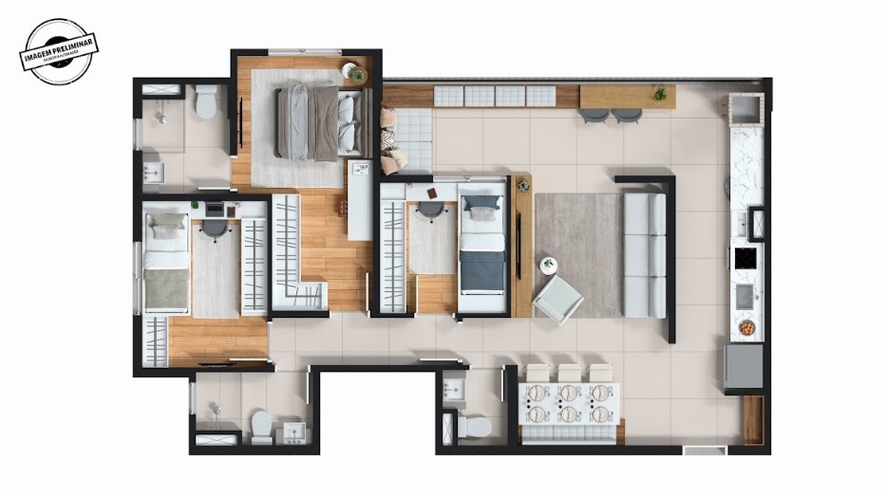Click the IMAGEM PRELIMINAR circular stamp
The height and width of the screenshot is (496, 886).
coord(59,51)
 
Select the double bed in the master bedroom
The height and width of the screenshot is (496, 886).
coord(320,122)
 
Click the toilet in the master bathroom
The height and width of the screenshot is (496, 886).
coord(206,101)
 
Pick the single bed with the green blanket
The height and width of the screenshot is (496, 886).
coord(166,263)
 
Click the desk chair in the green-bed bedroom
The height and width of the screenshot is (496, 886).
coord(216,229)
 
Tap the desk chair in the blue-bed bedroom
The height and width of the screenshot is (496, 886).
coord(432,211)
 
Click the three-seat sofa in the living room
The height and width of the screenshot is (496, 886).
coord(646,255)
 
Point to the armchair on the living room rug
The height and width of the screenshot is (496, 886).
coord(558,299)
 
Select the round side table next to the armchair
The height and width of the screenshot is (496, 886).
coord(548,266)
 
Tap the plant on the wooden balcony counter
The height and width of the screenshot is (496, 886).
coord(659,94)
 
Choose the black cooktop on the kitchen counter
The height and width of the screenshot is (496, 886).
coord(745,258)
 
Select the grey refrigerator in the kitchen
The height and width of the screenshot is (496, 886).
coord(744,367)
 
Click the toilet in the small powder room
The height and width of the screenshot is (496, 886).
coord(475,426)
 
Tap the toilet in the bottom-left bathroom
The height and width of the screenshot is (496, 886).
coord(261,427)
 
